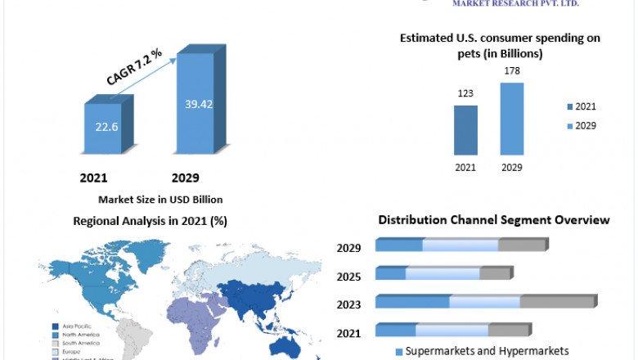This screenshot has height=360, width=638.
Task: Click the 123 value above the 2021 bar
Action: point(465,93)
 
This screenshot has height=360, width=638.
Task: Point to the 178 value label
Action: point(511,71)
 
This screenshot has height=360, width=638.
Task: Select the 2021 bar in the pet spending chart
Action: point(465,130)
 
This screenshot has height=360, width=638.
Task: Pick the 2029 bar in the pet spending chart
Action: point(512,119)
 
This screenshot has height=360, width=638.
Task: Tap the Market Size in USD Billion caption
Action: point(160,199)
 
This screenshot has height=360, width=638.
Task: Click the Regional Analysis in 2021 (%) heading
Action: point(150,221)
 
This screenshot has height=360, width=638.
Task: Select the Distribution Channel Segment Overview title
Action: point(493,220)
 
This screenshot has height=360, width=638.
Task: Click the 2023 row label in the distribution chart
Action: point(348,304)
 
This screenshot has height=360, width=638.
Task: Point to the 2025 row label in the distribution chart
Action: point(348,277)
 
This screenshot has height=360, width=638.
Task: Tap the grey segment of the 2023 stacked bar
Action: point(557,302)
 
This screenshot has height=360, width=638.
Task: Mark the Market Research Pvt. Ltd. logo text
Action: point(515,4)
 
